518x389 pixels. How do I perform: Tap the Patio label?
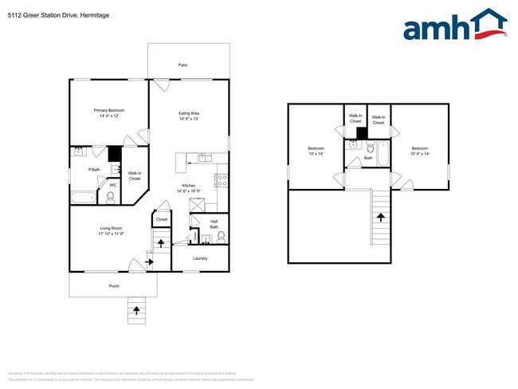(189, 65)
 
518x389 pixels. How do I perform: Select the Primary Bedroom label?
(109, 110)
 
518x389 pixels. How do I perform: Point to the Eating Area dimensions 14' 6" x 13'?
(189, 119)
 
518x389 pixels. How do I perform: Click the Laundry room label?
(200, 257)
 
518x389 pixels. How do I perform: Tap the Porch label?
(114, 285)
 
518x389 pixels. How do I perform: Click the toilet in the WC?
(111, 196)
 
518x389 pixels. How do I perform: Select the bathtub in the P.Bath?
(83, 196)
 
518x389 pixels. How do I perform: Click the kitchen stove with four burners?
(222, 179)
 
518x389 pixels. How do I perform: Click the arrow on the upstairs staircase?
(380, 216)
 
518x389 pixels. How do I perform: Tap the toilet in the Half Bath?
(221, 237)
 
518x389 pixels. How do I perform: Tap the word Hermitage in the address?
(95, 15)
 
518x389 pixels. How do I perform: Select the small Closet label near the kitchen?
(162, 218)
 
